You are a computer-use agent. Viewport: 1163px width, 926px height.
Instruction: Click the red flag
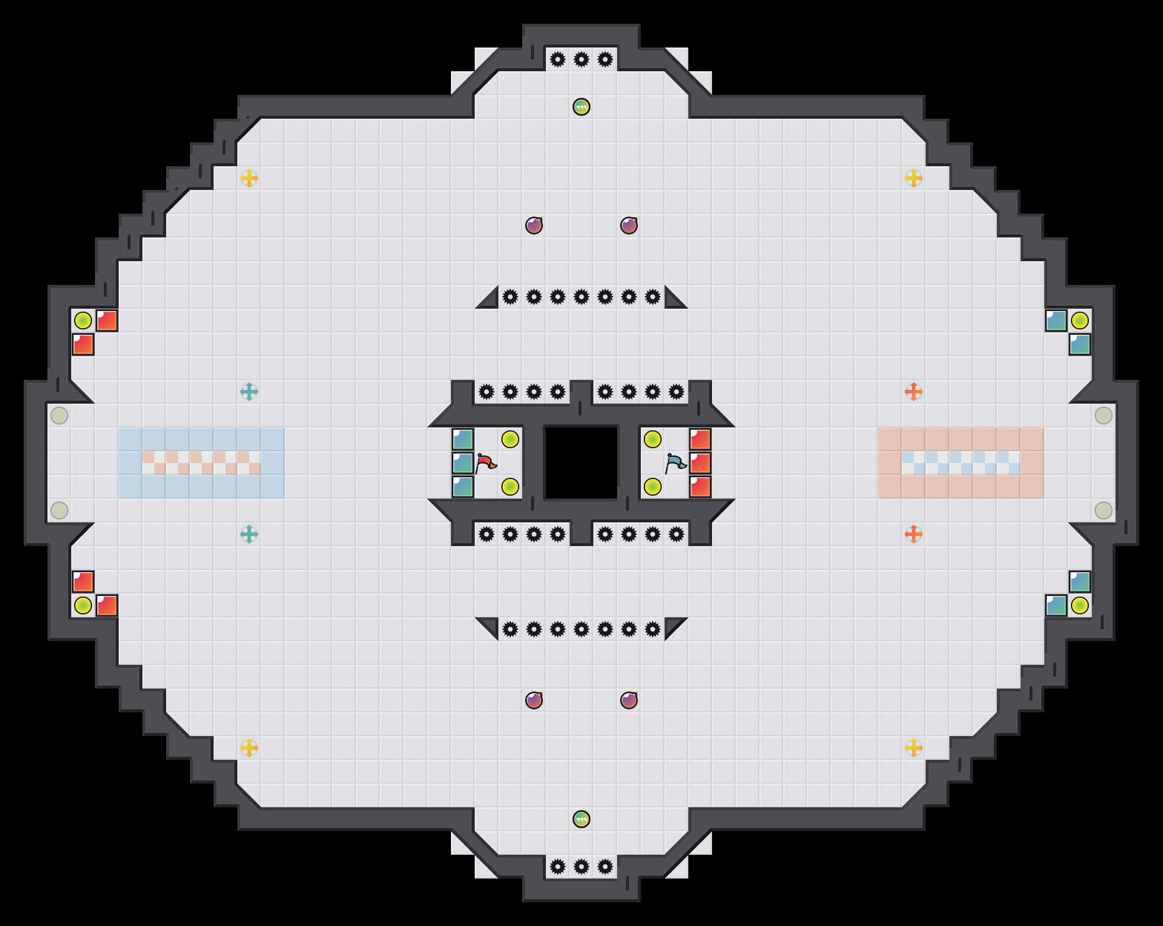click(486, 462)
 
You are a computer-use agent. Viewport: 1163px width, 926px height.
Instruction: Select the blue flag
click(675, 462)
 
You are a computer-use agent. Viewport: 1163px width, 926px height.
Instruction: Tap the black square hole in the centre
click(581, 463)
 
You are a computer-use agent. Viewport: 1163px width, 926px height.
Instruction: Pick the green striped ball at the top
click(581, 107)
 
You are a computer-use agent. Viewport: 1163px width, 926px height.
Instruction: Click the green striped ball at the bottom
click(581, 819)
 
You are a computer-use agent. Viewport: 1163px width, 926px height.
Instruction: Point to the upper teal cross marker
click(249, 392)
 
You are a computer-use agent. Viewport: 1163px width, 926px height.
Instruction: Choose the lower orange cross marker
click(914, 534)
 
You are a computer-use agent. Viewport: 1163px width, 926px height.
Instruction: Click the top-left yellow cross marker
click(249, 178)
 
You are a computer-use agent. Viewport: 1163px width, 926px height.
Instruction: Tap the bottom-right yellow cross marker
click(914, 748)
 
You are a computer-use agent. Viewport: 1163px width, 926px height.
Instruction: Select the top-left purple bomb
click(534, 226)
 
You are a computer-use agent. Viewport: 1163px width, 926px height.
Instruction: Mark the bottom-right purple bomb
click(629, 700)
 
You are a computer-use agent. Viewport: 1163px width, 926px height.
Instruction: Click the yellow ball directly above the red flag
click(510, 439)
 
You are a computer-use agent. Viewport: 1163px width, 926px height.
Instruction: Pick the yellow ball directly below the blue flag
click(653, 487)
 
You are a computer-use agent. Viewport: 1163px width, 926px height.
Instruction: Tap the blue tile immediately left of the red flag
click(463, 463)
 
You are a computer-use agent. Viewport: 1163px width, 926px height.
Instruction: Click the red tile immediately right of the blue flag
click(700, 463)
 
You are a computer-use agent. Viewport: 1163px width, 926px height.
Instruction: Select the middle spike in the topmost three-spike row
click(581, 59)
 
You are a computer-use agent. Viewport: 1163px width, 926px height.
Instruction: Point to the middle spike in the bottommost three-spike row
click(581, 867)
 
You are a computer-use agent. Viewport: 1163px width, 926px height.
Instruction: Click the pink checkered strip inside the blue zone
click(202, 463)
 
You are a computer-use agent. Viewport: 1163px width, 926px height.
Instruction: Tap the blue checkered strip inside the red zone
click(961, 463)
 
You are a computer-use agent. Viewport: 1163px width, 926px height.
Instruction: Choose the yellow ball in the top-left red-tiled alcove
click(83, 321)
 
